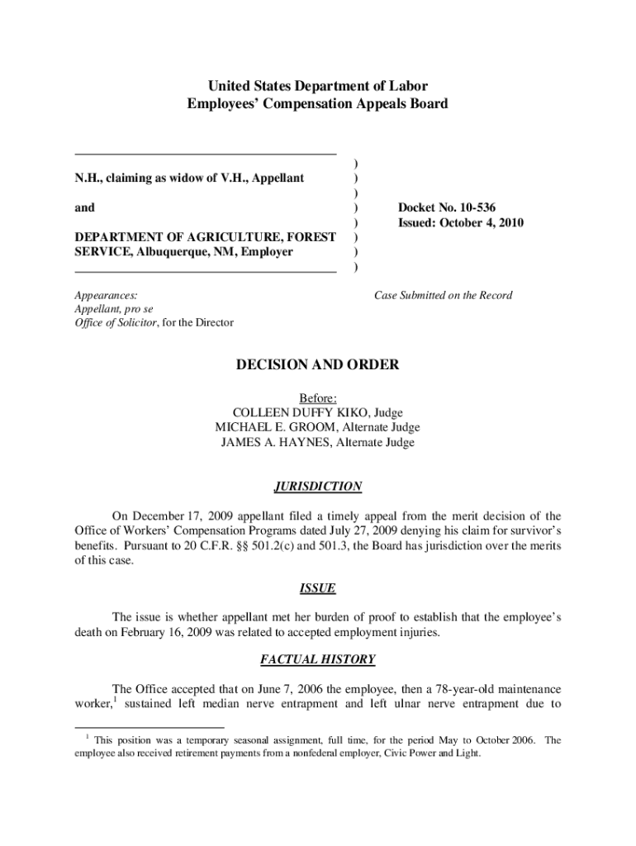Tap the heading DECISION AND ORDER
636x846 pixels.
(x=318, y=364)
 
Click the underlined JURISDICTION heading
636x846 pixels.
(x=318, y=487)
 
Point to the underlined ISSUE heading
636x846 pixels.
(x=318, y=588)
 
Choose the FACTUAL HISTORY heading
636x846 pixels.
(x=318, y=659)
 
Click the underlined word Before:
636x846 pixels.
(x=318, y=397)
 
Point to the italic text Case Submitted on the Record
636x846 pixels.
(x=443, y=295)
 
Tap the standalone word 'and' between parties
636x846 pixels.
(x=84, y=208)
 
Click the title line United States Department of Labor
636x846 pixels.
(x=318, y=86)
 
